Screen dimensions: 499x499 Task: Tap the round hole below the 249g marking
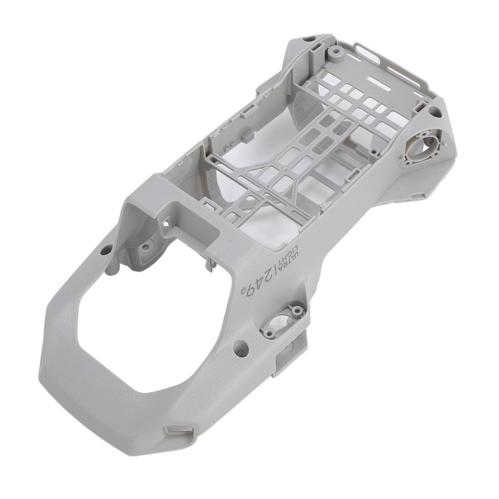(241, 347)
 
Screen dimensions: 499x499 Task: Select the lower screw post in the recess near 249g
(269, 333)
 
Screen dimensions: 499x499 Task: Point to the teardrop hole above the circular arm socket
(435, 113)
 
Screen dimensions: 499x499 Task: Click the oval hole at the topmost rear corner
(308, 38)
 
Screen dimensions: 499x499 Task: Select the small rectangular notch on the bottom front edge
(178, 430)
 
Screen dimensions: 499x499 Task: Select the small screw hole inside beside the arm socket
(374, 153)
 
